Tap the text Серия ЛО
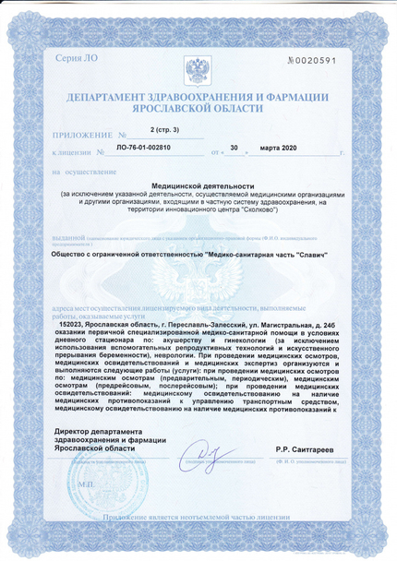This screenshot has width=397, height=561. click(75, 60)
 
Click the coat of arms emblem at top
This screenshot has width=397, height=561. click(197, 70)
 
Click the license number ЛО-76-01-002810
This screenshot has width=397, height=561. click(148, 148)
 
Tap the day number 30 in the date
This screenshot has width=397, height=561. click(234, 148)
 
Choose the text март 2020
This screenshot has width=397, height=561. click(278, 148)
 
